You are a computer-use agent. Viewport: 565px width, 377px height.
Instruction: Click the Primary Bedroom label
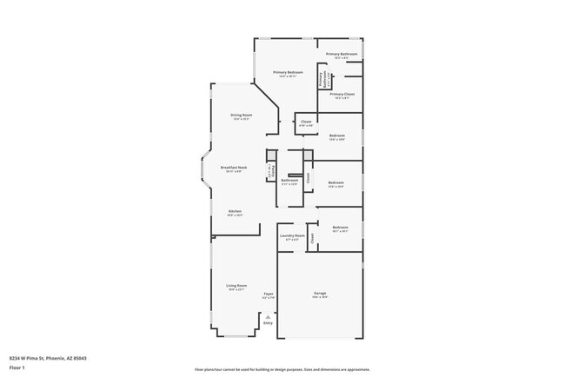(x=288, y=72)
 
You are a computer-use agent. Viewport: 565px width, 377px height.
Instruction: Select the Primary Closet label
(x=342, y=93)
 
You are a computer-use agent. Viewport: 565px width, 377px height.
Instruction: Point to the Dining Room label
(x=242, y=115)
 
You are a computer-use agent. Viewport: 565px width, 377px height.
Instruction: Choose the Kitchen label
(x=235, y=211)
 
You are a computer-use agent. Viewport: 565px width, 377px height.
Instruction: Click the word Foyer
(x=269, y=294)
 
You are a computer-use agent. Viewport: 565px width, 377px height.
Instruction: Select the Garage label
(x=320, y=294)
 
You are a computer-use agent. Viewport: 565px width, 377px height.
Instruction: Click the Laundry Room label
(x=292, y=235)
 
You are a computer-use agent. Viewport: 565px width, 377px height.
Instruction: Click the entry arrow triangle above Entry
(x=268, y=317)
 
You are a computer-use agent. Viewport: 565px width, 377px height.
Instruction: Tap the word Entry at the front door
(x=268, y=323)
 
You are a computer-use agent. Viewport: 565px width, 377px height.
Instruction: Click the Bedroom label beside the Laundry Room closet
(x=340, y=227)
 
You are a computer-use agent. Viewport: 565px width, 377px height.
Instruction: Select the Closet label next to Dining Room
(x=306, y=122)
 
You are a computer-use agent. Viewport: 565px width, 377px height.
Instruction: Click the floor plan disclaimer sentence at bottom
(x=282, y=368)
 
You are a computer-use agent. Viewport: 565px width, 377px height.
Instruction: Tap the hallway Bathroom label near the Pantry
(x=289, y=181)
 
